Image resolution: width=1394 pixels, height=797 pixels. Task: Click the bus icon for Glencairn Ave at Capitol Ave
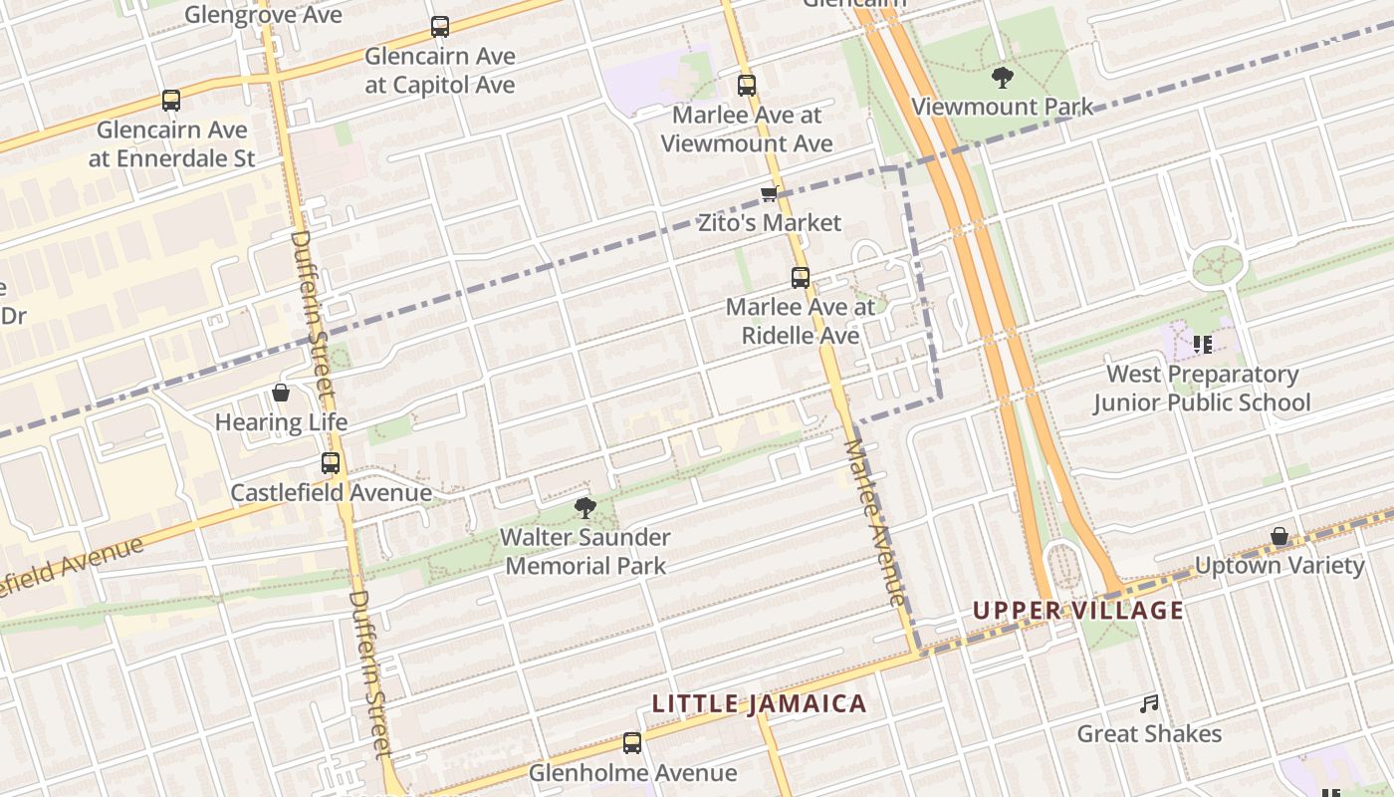(439, 27)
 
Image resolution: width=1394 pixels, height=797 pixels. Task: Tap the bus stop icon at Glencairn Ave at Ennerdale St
(171, 101)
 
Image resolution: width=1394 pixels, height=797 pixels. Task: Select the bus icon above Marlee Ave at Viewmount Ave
(747, 86)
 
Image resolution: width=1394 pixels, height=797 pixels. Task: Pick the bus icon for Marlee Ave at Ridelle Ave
(801, 278)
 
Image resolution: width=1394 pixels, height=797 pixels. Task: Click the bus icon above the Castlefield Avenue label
(331, 463)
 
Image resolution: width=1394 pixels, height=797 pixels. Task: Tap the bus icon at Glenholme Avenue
(632, 743)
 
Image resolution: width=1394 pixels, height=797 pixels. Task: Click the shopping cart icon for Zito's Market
(769, 193)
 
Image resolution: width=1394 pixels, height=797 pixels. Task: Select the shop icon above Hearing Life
(281, 393)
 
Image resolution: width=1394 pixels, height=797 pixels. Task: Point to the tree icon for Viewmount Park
(1002, 77)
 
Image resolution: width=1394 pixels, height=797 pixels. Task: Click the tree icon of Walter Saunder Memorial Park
(585, 508)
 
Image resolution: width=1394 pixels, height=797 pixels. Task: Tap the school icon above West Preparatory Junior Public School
(1202, 345)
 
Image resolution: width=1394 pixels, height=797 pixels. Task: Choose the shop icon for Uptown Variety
(1279, 537)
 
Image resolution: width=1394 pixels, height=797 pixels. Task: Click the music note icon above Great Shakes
(1149, 704)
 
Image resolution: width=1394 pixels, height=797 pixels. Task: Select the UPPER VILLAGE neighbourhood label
(1078, 611)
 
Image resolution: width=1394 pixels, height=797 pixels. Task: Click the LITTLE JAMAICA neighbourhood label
(759, 703)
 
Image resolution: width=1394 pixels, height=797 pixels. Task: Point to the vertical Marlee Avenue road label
(876, 523)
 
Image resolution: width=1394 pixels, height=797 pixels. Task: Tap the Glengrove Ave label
(263, 14)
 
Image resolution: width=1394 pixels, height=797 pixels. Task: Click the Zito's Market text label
(769, 223)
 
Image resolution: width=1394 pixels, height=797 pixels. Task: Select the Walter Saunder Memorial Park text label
(585, 552)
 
